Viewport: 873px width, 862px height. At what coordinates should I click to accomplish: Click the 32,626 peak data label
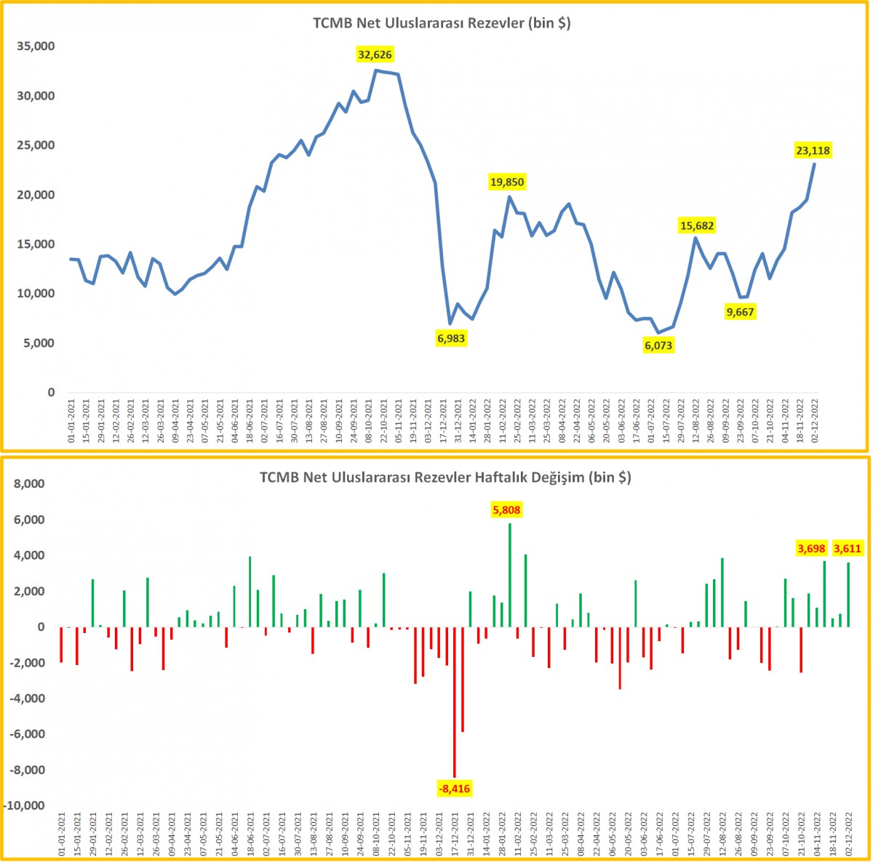click(375, 55)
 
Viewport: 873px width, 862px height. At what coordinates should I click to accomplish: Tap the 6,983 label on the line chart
click(451, 339)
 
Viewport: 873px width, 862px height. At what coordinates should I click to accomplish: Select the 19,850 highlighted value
click(507, 182)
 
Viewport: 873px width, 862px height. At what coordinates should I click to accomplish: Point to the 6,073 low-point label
click(658, 345)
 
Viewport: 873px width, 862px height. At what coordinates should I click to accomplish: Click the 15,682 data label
click(697, 225)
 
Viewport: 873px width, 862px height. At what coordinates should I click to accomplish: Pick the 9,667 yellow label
click(740, 312)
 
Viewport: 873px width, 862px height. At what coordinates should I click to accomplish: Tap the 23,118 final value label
click(813, 150)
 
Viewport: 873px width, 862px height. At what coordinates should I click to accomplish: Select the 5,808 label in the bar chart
click(506, 510)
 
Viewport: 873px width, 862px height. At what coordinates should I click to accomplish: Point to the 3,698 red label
click(811, 549)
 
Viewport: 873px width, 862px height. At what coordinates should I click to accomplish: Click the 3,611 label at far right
click(848, 549)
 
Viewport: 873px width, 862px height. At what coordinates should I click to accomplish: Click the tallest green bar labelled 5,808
click(510, 575)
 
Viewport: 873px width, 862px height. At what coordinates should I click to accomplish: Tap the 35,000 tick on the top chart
click(36, 47)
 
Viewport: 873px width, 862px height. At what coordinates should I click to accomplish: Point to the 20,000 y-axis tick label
click(36, 195)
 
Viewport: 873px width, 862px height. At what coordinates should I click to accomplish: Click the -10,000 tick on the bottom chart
click(24, 805)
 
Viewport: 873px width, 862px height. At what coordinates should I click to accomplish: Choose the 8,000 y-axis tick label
click(29, 483)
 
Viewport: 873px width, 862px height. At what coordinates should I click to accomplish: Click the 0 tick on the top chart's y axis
click(51, 392)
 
